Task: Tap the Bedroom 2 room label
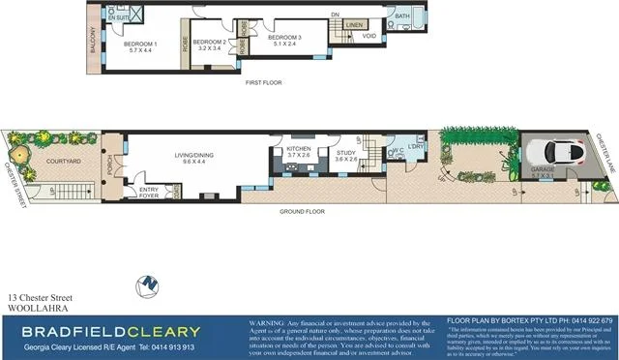(209, 43)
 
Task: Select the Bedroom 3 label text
(284, 38)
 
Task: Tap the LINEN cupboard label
(353, 25)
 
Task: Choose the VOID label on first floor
(368, 36)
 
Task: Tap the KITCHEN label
(298, 149)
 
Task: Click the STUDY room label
(346, 153)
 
